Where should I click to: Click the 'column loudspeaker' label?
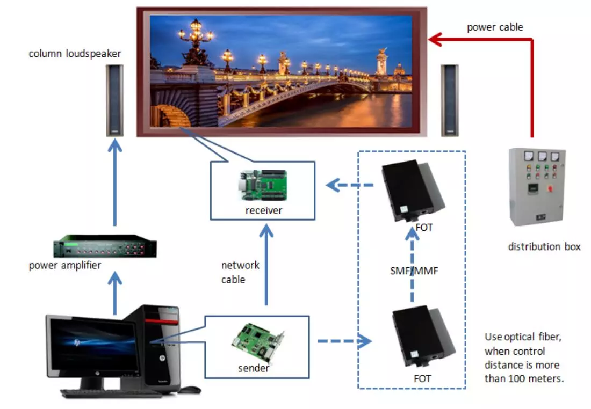(75, 54)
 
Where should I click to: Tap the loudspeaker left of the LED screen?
(114, 100)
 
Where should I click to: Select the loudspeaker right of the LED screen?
(449, 100)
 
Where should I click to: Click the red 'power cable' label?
(494, 27)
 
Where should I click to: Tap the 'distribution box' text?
(544, 247)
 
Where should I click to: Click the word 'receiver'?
(263, 211)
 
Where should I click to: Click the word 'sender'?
(254, 369)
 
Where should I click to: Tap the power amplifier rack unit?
(105, 246)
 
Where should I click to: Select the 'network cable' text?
(240, 272)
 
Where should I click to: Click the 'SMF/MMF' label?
(414, 271)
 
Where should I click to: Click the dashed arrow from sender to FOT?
(344, 340)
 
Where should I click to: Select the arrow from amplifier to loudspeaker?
(114, 182)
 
